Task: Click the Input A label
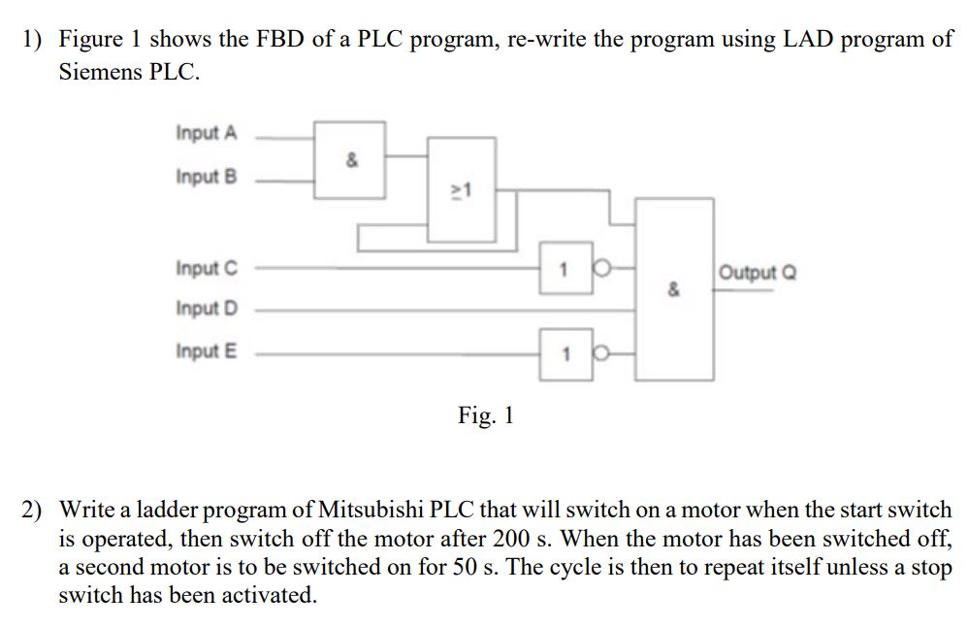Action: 206,132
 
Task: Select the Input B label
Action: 206,177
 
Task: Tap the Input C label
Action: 206,267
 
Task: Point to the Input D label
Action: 206,308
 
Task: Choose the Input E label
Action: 206,350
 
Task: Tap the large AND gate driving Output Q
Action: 674,288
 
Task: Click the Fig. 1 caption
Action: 485,416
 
